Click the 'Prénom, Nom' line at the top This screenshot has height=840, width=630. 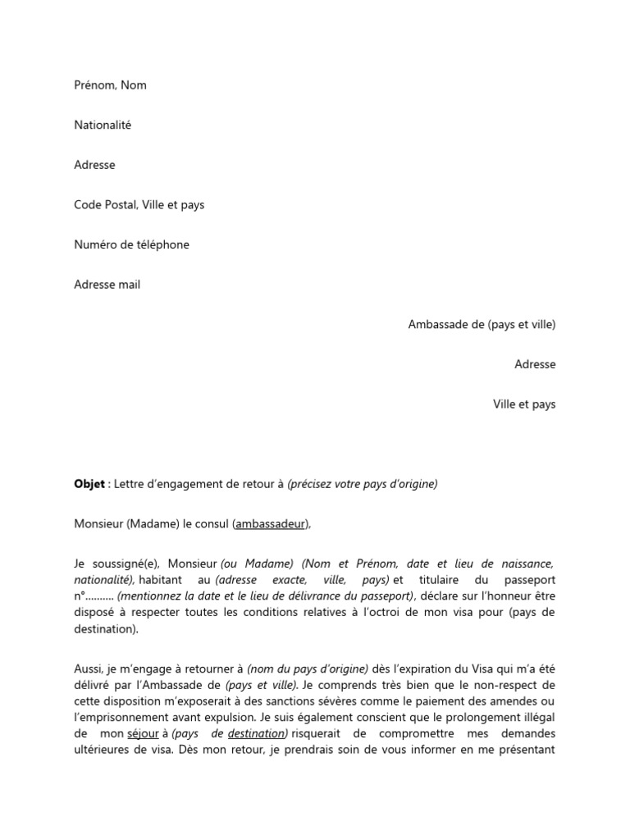point(110,85)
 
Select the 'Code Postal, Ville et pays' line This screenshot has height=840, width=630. point(139,205)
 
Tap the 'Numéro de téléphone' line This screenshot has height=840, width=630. point(131,244)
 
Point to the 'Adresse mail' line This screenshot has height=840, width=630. point(107,285)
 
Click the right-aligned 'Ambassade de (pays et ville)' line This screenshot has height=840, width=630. point(482,325)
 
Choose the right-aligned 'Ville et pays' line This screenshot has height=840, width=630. point(523,404)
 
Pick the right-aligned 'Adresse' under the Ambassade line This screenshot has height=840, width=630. point(535,364)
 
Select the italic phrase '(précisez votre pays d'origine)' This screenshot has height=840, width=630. point(363,484)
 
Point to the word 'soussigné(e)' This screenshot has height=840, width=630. point(129,564)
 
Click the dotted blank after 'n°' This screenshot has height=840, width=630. point(98,596)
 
